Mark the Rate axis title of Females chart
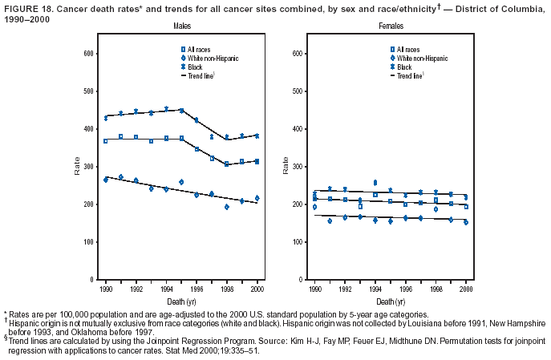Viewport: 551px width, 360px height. point(285,165)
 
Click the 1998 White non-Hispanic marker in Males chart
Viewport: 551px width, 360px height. point(226,207)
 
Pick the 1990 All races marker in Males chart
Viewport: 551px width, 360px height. point(105,141)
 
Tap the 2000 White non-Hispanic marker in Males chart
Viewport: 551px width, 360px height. point(257,198)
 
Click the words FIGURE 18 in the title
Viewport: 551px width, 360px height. point(22,6)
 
